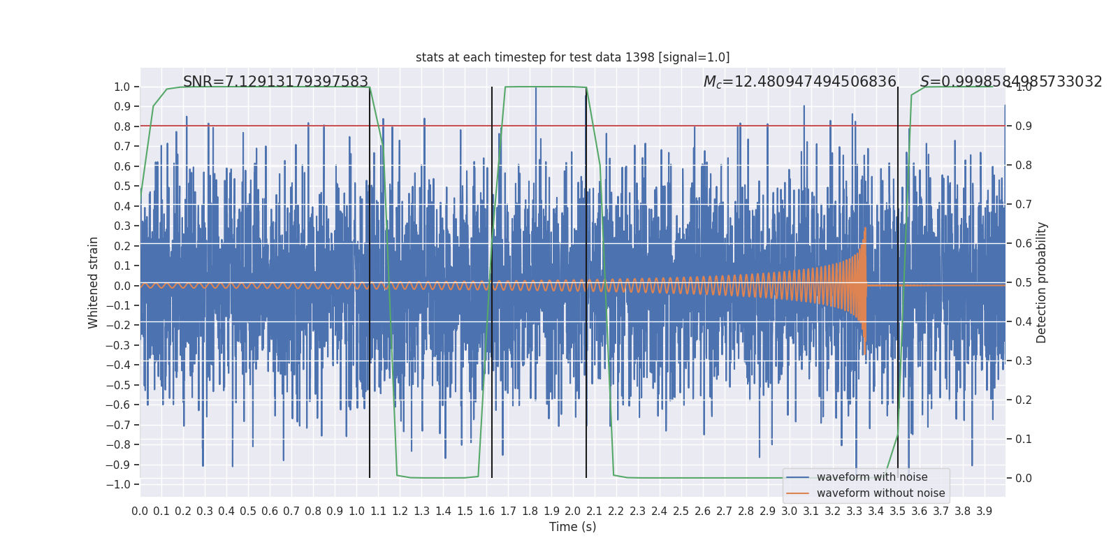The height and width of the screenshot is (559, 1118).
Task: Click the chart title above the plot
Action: click(572, 57)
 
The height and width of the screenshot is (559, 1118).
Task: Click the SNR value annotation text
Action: click(275, 82)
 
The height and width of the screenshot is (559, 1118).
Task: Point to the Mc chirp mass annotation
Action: click(799, 82)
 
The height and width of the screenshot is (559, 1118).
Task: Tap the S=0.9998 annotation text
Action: click(1010, 82)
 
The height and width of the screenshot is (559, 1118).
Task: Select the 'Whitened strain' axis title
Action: click(94, 282)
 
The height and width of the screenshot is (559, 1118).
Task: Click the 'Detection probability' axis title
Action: click(1042, 282)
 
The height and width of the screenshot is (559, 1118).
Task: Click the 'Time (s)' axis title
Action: click(572, 527)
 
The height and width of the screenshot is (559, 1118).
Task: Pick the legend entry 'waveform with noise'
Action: click(871, 477)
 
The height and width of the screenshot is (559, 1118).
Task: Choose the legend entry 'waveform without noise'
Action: click(880, 493)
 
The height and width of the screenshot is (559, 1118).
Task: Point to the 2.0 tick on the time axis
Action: click(573, 511)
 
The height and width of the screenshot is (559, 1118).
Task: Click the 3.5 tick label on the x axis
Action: click(898, 511)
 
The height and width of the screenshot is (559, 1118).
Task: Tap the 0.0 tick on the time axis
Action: click(140, 511)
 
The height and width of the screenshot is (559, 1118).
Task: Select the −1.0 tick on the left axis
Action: click(122, 484)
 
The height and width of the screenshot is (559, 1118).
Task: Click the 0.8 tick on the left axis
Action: click(122, 126)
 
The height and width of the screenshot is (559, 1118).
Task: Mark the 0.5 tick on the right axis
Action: click(1024, 282)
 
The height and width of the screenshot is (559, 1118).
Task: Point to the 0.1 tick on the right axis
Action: click(1024, 439)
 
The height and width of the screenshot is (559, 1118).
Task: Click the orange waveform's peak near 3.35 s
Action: click(865, 228)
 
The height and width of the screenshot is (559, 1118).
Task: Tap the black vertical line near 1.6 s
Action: click(492, 279)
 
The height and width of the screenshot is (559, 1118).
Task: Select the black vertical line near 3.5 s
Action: click(898, 279)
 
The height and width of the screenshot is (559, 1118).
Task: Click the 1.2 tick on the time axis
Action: click(400, 511)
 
